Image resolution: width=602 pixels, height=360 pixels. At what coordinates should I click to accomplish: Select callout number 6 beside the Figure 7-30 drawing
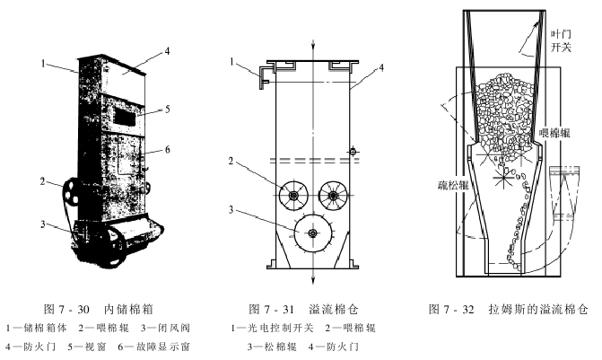pos(167,150)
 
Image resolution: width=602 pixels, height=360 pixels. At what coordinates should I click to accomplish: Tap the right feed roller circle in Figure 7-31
pos(333,194)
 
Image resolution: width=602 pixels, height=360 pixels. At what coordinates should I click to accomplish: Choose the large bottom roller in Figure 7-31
pos(312,233)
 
